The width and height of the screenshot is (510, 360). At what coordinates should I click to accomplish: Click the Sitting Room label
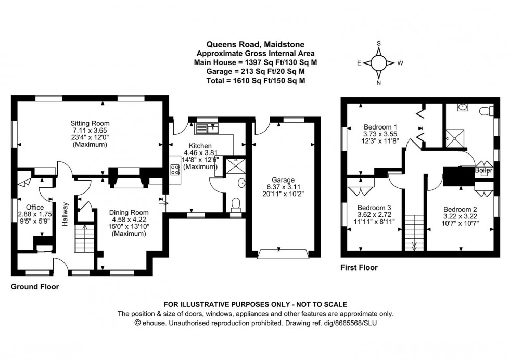91,123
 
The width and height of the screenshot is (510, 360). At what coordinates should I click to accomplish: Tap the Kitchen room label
195,145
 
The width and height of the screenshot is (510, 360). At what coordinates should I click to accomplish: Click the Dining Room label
129,212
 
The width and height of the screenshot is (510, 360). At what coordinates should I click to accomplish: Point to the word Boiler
483,170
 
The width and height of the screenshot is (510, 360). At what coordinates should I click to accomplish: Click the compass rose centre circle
379,63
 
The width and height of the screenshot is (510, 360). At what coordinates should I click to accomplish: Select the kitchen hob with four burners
174,170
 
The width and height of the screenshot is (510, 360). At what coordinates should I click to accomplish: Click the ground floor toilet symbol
236,203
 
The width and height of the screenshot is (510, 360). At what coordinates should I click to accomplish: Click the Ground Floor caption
35,287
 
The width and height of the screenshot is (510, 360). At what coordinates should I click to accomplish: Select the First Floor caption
359,268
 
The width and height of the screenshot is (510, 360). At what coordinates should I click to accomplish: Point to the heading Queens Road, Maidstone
254,45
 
